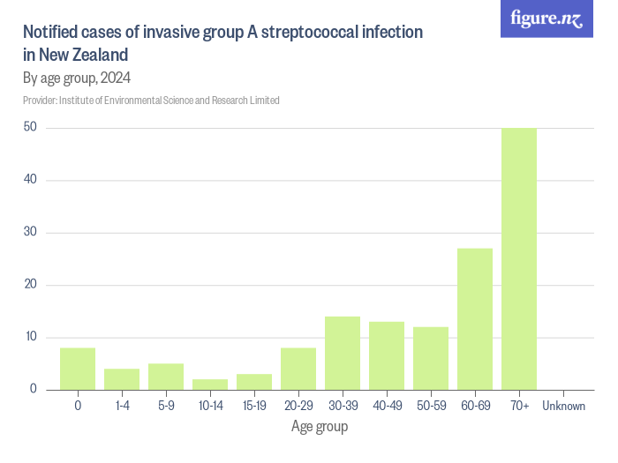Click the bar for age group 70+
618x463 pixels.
519,258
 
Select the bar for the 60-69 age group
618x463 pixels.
475,318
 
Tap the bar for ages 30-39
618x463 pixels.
343,353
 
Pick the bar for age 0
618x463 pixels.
78,369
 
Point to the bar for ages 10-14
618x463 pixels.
210,385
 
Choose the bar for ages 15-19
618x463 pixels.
254,382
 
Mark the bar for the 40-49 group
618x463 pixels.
387,355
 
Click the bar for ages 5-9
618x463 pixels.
166,377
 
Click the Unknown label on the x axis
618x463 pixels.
563,406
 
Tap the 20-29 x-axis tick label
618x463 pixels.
298,406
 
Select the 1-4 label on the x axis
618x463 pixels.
122,406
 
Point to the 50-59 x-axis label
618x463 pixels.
431,406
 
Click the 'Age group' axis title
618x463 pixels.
320,427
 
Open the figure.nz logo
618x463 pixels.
547,19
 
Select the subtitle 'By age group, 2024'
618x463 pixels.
77,78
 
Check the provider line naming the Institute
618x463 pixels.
151,101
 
